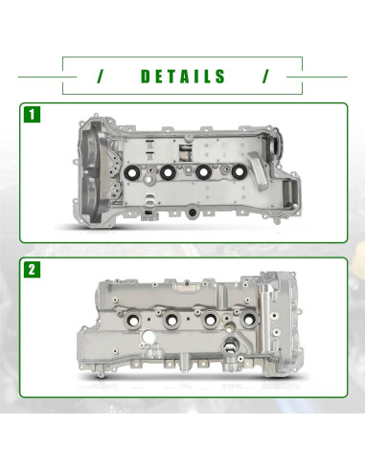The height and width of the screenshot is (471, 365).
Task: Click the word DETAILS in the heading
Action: pos(182,77)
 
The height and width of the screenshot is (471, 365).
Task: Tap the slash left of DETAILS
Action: pos(100,77)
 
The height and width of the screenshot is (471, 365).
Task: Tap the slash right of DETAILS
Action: pos(265,77)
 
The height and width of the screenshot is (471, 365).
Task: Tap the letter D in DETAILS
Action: pos(145,77)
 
